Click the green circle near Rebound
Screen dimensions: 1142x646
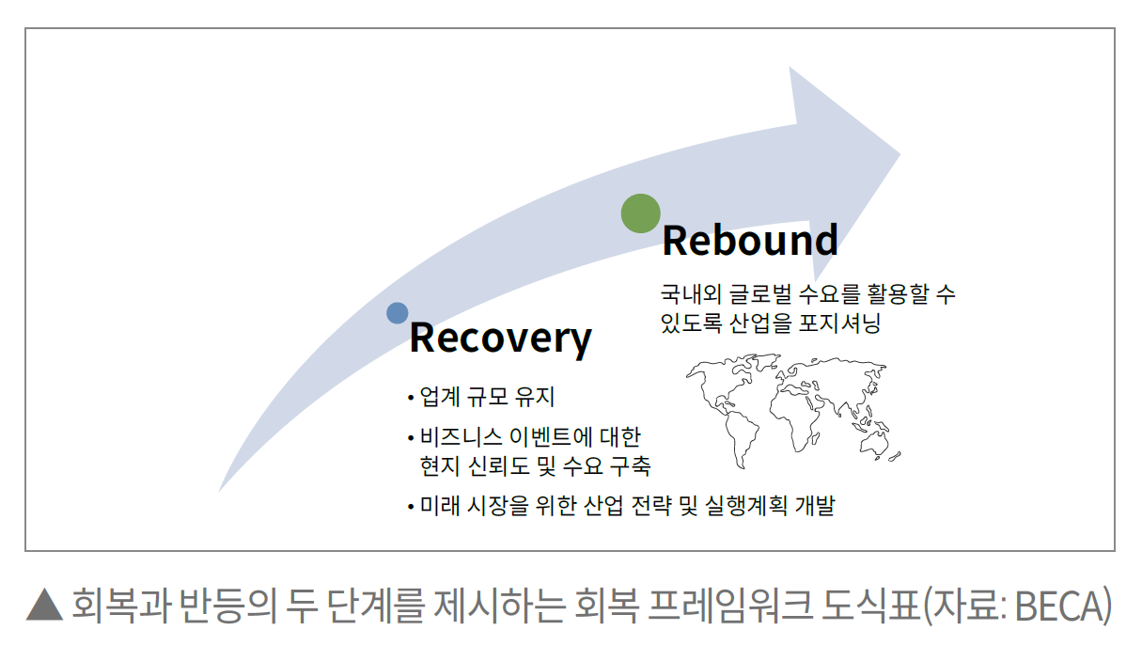coord(640,213)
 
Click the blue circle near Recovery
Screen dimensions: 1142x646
coord(398,313)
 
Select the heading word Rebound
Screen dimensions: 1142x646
coord(750,240)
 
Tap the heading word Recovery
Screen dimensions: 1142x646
coord(500,338)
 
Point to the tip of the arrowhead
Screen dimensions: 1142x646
coord(900,153)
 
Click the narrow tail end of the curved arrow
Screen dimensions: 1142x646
coord(220,491)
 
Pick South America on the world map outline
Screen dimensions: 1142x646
coord(741,439)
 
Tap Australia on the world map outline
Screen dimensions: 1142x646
coord(874,442)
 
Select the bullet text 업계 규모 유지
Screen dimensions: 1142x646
coord(487,397)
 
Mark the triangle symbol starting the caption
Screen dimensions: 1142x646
coord(44,605)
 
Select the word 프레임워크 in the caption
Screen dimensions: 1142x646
coord(729,606)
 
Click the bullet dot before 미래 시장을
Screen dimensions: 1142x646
coord(411,507)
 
